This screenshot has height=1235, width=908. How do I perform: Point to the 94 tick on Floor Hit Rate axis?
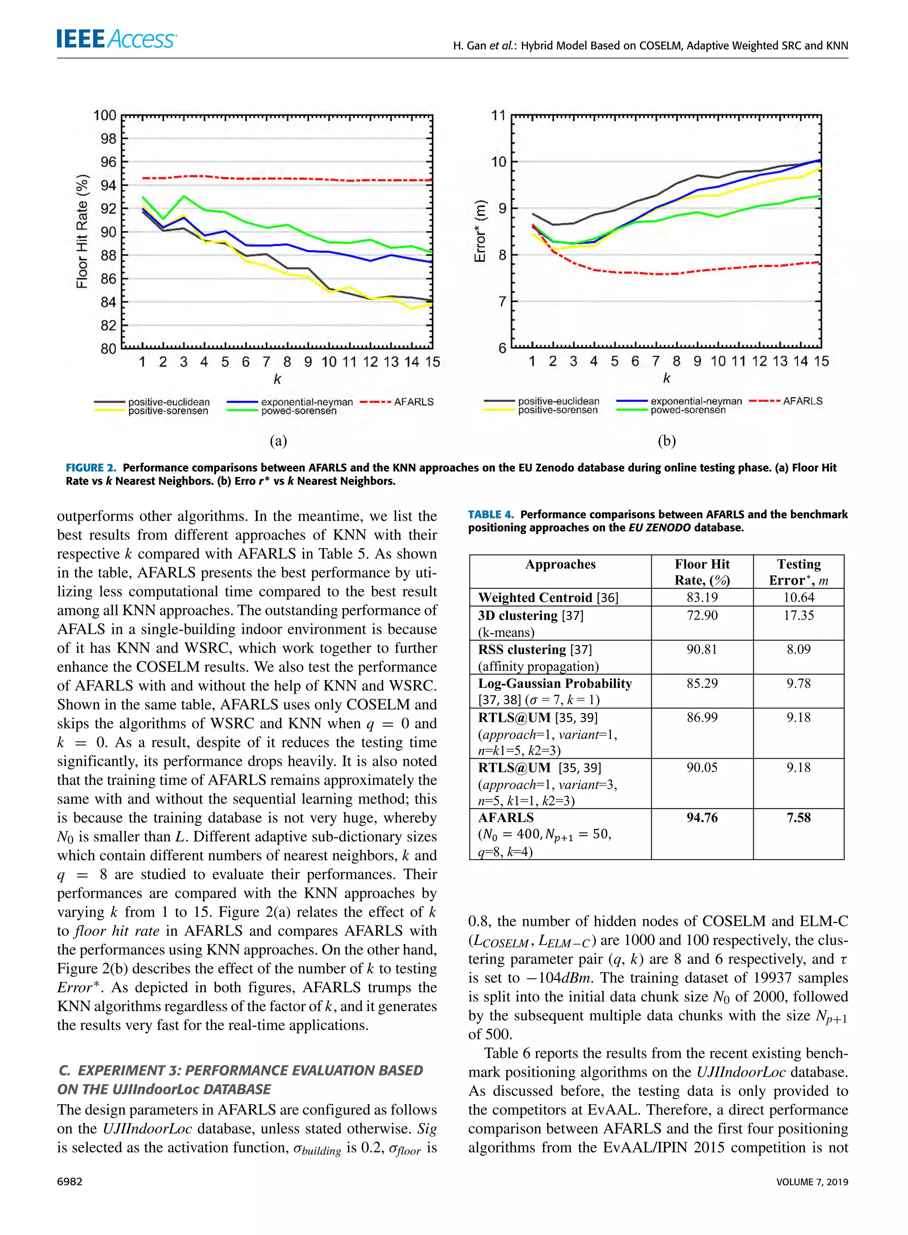click(x=108, y=185)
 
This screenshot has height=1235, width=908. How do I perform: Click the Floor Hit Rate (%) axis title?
click(x=82, y=232)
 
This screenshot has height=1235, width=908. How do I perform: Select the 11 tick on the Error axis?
click(x=498, y=115)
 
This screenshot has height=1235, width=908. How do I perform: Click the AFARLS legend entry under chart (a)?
click(x=397, y=402)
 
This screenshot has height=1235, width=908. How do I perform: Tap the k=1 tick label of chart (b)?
click(x=532, y=361)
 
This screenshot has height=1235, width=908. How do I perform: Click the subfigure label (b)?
click(x=666, y=441)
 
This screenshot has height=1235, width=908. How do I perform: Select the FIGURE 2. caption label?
click(x=91, y=468)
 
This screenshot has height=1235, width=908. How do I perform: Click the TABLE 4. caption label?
click(x=491, y=515)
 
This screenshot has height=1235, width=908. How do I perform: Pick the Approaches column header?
click(x=560, y=564)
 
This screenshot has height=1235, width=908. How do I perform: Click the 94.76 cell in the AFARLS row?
click(x=702, y=818)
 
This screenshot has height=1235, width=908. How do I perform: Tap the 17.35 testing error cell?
click(x=798, y=615)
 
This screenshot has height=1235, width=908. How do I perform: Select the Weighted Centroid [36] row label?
click(x=548, y=598)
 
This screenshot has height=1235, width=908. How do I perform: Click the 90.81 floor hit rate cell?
click(x=702, y=649)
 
